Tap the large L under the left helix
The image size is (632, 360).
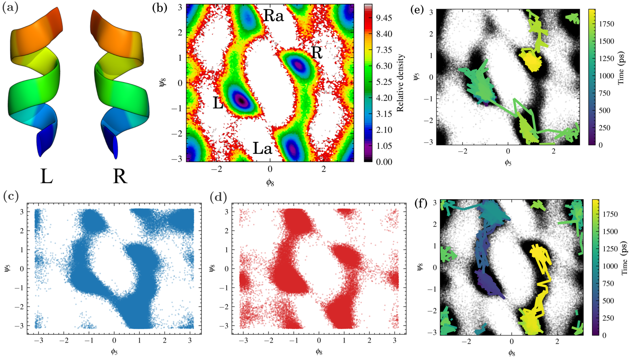click(47, 177)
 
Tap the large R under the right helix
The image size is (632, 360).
click(120, 177)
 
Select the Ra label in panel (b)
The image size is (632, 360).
click(273, 16)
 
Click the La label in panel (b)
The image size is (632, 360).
click(262, 148)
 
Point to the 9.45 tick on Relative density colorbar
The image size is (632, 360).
click(384, 18)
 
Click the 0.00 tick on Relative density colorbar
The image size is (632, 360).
click(384, 162)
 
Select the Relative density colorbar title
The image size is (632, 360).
click(401, 83)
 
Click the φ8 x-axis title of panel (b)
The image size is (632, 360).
click(270, 183)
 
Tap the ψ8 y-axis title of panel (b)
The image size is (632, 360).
click(162, 83)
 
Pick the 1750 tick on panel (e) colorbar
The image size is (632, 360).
click(606, 24)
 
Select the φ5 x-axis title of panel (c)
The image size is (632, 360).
click(114, 352)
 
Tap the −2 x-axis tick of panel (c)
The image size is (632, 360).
click(64, 341)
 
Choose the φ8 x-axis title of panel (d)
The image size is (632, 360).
click(319, 352)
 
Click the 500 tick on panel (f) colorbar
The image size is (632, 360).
click(604, 301)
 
